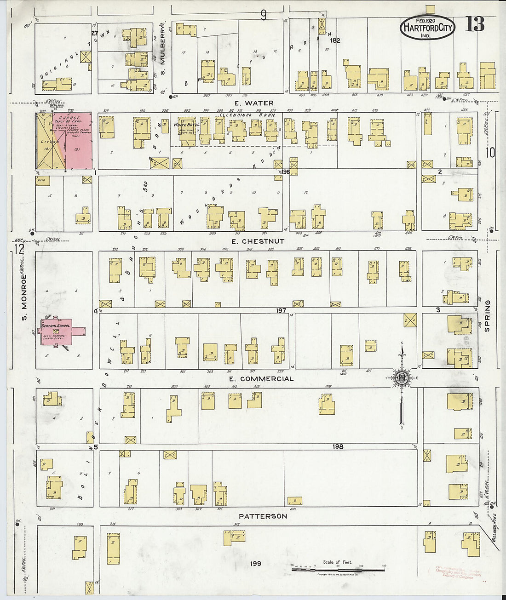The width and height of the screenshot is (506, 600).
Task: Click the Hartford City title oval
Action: (427, 28)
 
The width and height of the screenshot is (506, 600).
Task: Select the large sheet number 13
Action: (474, 24)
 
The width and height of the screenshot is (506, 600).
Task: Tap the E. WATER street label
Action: (253, 103)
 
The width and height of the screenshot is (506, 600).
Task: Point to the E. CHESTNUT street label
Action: (258, 241)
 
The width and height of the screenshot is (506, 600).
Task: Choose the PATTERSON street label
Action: (263, 516)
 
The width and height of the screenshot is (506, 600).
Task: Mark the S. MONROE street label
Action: (24, 297)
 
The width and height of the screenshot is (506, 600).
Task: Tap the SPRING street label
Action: (488, 316)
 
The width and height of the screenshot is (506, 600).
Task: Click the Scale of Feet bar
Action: (338, 570)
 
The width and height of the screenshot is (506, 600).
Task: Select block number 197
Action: (281, 311)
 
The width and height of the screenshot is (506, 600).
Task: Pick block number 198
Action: (339, 446)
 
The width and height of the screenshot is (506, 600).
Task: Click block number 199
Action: (256, 563)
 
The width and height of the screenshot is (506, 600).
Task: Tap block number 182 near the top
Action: (335, 41)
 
